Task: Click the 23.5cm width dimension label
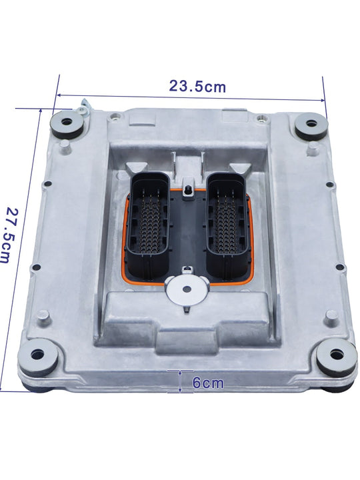pos(197,86)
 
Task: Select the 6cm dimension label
pos(207,383)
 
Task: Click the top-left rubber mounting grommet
pos(69,123)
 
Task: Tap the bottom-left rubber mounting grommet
pos(39,357)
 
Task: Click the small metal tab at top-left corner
pos(83,106)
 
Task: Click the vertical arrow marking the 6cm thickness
pos(180,382)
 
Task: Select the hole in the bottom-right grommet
pos(337,354)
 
